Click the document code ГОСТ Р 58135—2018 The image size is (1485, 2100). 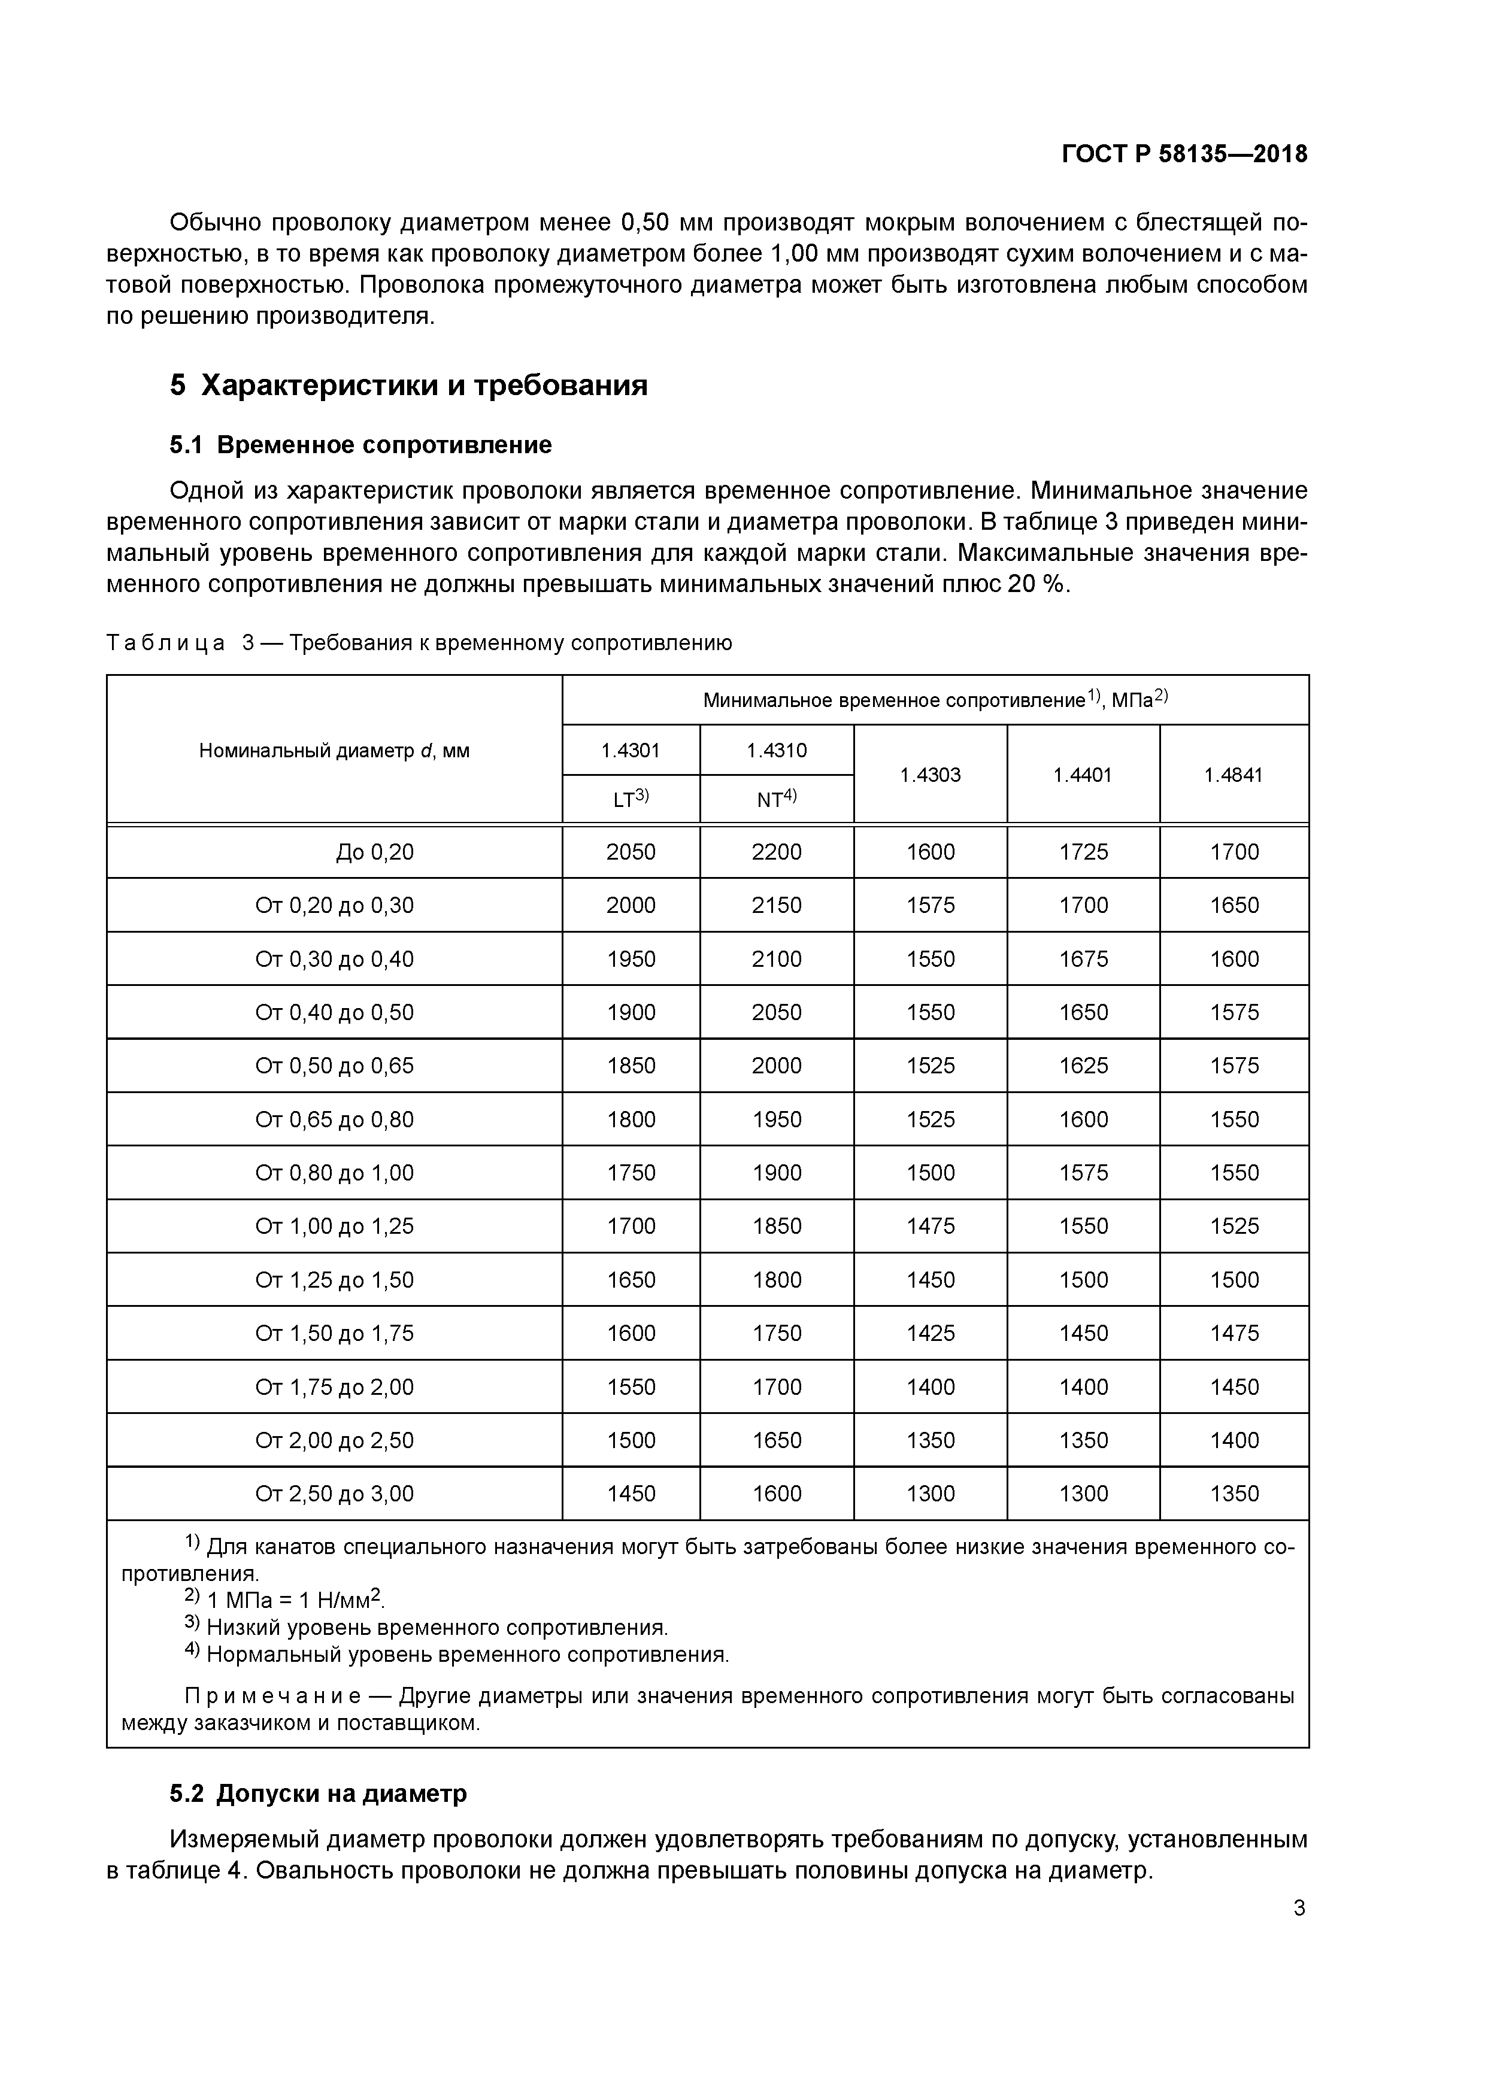pos(1184,154)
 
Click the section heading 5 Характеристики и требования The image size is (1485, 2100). pos(408,385)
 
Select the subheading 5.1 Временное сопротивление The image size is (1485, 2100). pos(360,445)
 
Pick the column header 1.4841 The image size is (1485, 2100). pos(1234,775)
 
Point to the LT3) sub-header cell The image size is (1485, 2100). pos(631,799)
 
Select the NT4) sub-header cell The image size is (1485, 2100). pos(776,799)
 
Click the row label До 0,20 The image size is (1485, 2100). pos(375,852)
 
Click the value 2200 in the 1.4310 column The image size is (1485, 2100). pos(776,852)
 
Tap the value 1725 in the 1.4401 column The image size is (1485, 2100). pos(1083,852)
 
